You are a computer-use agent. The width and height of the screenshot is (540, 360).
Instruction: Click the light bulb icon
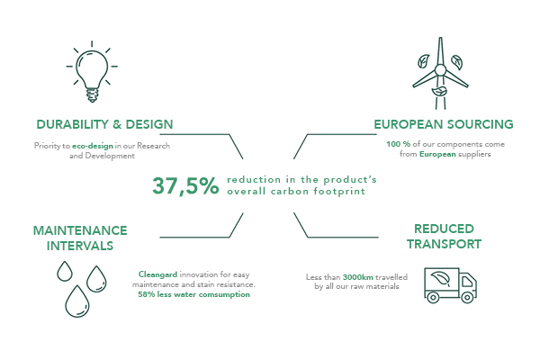point(92,72)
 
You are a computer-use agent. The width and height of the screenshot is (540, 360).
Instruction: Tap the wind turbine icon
point(440,74)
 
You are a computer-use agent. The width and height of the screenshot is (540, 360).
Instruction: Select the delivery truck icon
point(451,285)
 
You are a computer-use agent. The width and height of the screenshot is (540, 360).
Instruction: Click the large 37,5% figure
point(185,185)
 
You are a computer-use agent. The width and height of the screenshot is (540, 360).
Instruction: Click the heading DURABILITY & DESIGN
point(104,124)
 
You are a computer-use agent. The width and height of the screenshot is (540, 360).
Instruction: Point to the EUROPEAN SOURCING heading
point(444,124)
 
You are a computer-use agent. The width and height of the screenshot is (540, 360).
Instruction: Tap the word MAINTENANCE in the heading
point(80,230)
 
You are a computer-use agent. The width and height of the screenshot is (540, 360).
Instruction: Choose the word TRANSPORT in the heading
point(445,244)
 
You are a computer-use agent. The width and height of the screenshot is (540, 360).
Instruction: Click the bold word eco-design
point(93,146)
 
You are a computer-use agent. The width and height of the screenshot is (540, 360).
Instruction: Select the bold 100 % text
point(398,144)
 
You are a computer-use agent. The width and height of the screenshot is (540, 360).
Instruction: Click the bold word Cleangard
point(157,274)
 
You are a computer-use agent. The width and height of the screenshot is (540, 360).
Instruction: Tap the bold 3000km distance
point(358,277)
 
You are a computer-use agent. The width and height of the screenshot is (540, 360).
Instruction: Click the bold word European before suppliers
point(437,154)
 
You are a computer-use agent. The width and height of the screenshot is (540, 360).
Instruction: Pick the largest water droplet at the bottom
point(77,301)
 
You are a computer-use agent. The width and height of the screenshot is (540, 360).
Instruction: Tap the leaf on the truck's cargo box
point(440,279)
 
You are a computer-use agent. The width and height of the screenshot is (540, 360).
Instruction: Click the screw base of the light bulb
point(92,95)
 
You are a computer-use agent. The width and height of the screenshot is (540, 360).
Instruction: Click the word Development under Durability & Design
point(110,156)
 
